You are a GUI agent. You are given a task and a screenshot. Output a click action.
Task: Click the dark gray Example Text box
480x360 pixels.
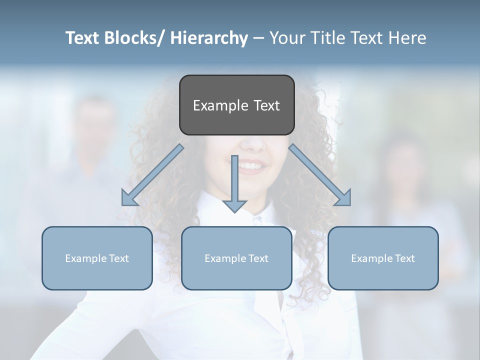tap(236, 105)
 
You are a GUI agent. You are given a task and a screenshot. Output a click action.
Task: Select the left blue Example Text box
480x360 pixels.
tap(97, 258)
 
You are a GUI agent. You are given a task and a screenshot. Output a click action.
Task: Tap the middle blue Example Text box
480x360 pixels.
tap(236, 258)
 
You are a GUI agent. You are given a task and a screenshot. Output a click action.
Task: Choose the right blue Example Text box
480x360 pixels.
tap(383, 258)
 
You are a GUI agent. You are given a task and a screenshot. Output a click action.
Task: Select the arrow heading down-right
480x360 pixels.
tap(320, 175)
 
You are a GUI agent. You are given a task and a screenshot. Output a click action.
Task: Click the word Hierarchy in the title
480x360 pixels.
tap(209, 38)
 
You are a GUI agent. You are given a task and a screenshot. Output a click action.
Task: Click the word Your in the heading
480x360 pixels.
tap(287, 38)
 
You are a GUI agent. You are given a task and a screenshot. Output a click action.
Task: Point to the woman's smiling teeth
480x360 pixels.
tap(252, 165)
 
